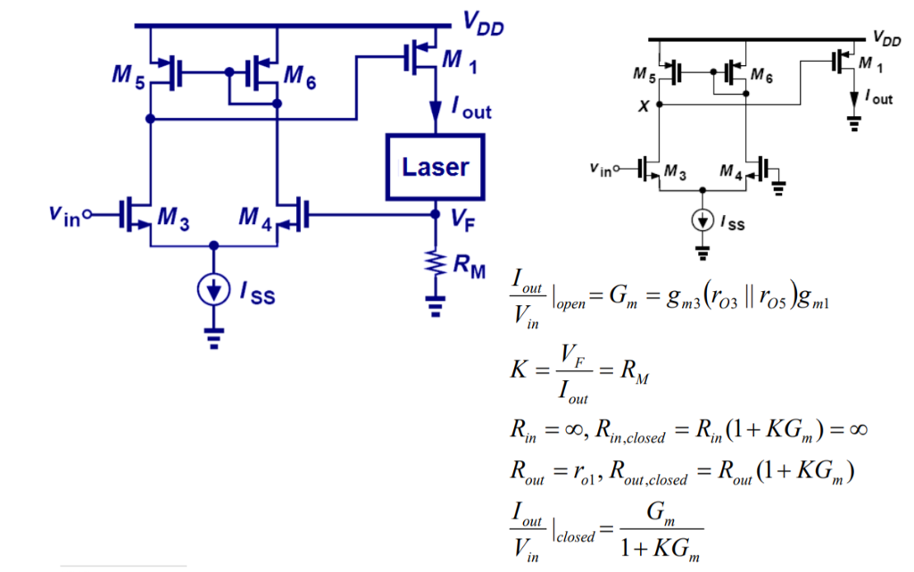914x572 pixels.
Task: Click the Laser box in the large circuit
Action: (435, 167)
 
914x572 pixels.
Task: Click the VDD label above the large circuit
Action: (483, 26)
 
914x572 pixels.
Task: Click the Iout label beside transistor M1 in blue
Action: (470, 109)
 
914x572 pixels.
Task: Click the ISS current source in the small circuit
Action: (703, 220)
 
